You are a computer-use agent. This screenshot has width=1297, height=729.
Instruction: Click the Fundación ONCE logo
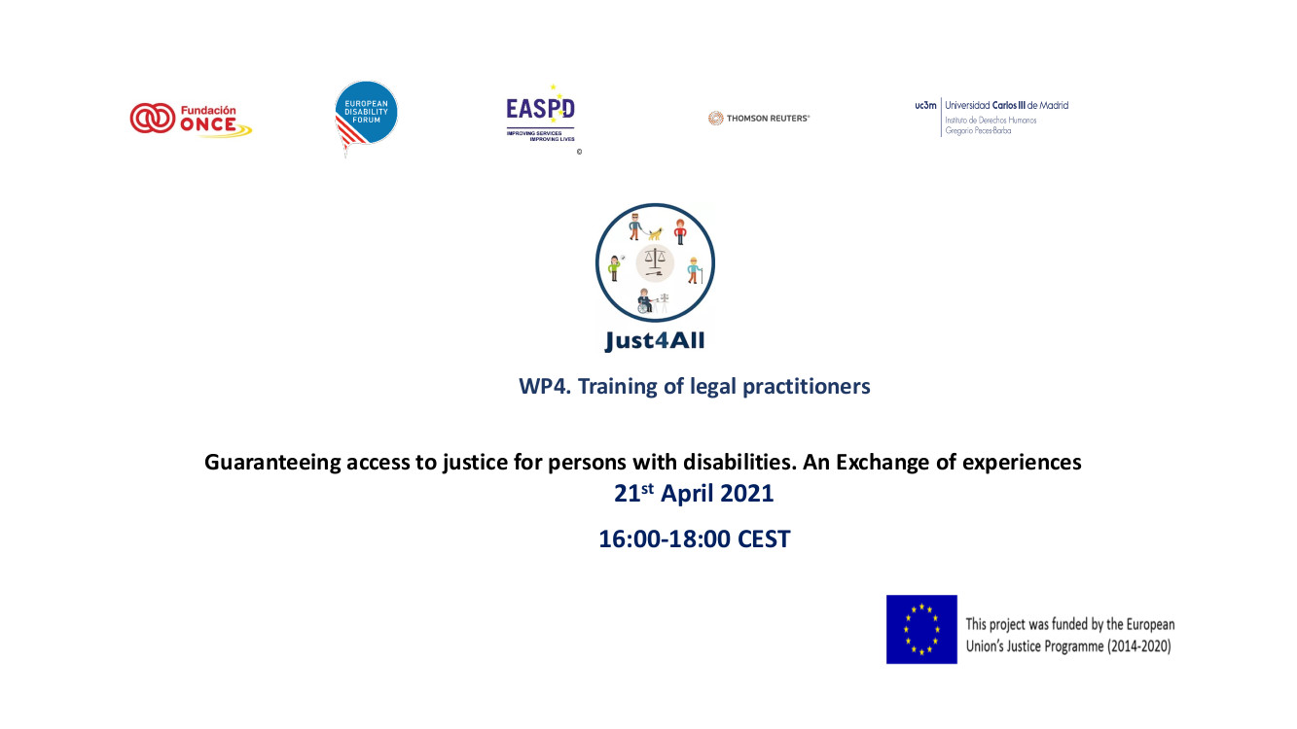(x=191, y=120)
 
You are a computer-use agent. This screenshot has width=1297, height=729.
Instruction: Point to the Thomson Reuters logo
(x=759, y=118)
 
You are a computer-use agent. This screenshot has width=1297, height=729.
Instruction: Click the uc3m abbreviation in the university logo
(x=925, y=105)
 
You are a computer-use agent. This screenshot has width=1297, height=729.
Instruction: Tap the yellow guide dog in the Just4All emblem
(x=655, y=233)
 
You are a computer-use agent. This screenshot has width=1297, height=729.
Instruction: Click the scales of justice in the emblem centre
(x=655, y=262)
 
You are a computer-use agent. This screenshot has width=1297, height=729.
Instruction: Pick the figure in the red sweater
(x=680, y=231)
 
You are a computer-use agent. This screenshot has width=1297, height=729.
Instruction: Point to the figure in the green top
(x=614, y=268)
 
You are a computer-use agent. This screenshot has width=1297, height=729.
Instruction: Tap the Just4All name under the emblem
(x=655, y=341)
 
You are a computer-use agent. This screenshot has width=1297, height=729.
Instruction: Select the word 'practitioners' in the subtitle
(x=807, y=387)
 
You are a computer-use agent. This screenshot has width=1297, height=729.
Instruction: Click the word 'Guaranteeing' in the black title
(x=272, y=463)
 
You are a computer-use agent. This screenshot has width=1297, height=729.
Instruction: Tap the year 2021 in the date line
(x=746, y=494)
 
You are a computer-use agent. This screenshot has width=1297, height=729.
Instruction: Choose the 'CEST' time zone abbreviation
(x=764, y=539)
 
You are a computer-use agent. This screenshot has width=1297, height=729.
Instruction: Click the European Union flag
(x=921, y=630)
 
